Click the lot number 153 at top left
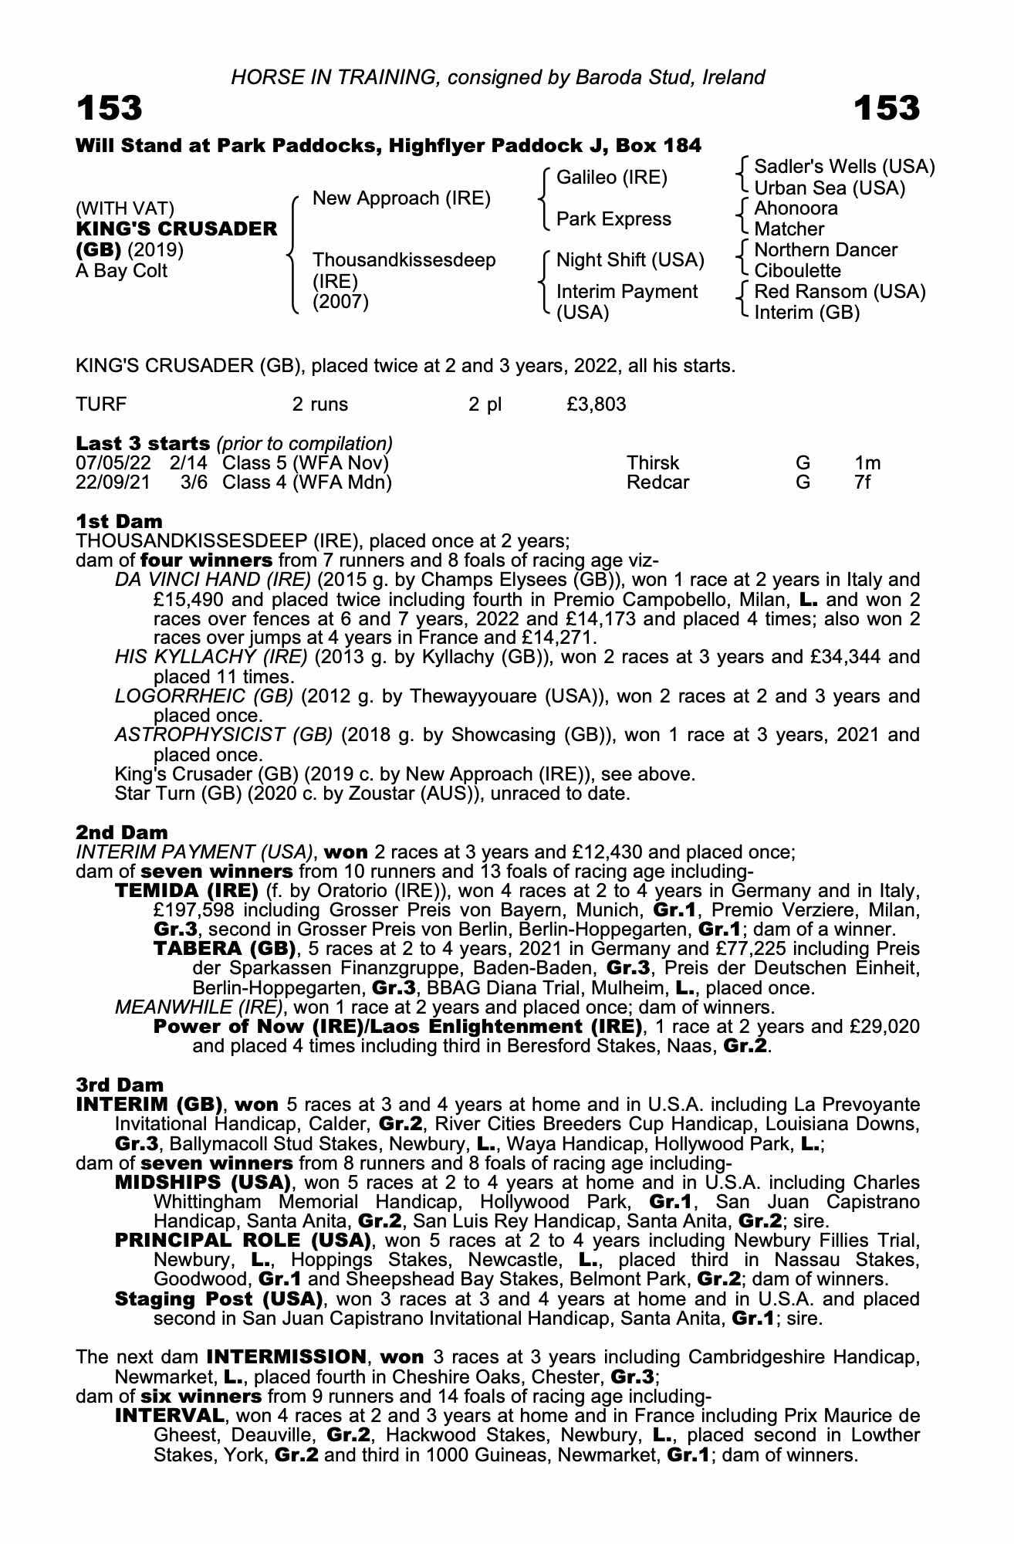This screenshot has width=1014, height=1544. pyautogui.click(x=109, y=109)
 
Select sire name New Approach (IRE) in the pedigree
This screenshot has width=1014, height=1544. pyautogui.click(x=401, y=198)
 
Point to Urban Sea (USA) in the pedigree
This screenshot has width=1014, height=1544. pyautogui.click(x=829, y=188)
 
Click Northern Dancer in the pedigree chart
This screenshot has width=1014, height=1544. pyautogui.click(x=825, y=250)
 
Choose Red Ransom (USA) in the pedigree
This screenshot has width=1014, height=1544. pyautogui.click(x=840, y=292)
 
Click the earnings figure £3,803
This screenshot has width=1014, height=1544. pyautogui.click(x=596, y=405)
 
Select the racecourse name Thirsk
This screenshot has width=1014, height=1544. pyautogui.click(x=653, y=463)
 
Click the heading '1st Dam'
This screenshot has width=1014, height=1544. pyautogui.click(x=120, y=521)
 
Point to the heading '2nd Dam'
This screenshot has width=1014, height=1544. pyautogui.click(x=122, y=832)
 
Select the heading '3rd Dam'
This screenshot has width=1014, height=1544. pyautogui.click(x=120, y=1085)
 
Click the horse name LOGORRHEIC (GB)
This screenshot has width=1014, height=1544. pyautogui.click(x=204, y=696)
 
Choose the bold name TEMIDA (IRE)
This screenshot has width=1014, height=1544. pyautogui.click(x=186, y=892)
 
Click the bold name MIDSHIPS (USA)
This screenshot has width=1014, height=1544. pyautogui.click(x=202, y=1183)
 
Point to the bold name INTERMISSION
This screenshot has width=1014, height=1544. pyautogui.click(x=286, y=1357)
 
